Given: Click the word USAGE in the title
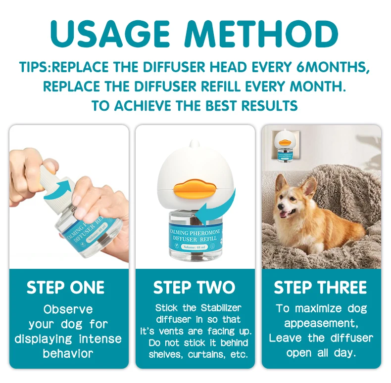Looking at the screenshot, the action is (110, 34).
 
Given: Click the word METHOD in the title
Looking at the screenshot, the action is (261, 34).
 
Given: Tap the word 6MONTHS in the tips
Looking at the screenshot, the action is (333, 67).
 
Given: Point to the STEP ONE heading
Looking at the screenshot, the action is (66, 288).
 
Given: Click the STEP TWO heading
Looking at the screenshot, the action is (194, 288).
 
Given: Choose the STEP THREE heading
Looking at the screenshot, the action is (320, 288).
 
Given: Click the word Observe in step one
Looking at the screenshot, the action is (68, 309).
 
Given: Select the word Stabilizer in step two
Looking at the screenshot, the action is (221, 308).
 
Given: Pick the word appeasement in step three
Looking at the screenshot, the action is (321, 324).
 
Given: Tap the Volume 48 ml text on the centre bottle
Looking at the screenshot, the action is (194, 247).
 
